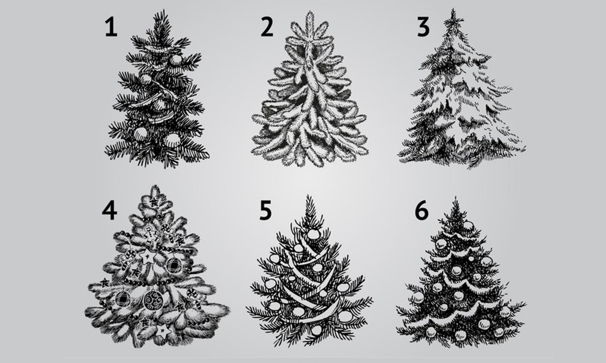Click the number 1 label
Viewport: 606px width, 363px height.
(x=112, y=26)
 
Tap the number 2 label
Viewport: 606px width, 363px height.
(x=267, y=26)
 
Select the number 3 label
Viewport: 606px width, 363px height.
(x=423, y=26)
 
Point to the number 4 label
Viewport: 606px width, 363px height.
(x=110, y=210)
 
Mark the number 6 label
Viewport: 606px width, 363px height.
(x=422, y=210)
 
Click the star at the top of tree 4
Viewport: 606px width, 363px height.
(x=154, y=202)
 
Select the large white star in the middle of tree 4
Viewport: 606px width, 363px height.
(x=147, y=256)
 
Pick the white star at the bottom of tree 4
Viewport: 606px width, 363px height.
(x=163, y=331)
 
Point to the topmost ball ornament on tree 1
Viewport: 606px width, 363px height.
(x=176, y=60)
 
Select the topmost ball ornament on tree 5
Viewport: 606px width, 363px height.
(x=314, y=234)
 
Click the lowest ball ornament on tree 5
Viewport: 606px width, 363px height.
(x=316, y=330)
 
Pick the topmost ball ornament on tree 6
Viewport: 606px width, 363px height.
(x=468, y=225)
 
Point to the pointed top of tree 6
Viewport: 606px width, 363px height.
(x=456, y=198)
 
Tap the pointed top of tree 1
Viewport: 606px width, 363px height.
(x=164, y=11)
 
